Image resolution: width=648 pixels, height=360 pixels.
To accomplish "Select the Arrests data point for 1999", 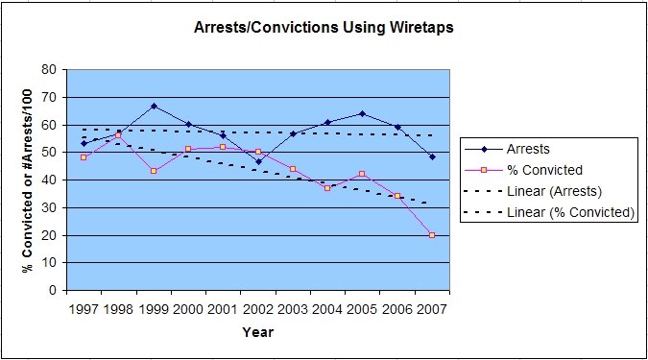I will tap(154, 106).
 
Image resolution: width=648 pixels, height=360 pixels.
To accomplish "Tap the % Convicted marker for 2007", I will tap(432, 234).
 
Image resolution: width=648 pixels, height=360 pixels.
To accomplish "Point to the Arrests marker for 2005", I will tap(363, 113).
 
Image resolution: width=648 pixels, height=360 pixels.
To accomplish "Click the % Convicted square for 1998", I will tap(119, 135).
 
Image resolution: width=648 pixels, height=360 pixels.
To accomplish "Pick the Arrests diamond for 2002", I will tap(258, 162).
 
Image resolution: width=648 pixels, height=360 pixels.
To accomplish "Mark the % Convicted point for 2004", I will tap(327, 188).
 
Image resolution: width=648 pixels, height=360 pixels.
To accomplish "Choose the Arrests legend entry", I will tap(528, 149).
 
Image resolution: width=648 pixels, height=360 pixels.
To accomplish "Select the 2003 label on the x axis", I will tap(293, 309).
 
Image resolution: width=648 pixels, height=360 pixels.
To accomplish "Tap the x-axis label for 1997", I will tap(84, 309).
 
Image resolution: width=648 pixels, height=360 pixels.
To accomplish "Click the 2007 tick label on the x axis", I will tap(432, 309).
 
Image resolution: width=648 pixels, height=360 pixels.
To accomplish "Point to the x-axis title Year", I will tap(257, 332).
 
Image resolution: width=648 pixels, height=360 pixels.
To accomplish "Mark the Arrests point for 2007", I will tap(432, 156).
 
